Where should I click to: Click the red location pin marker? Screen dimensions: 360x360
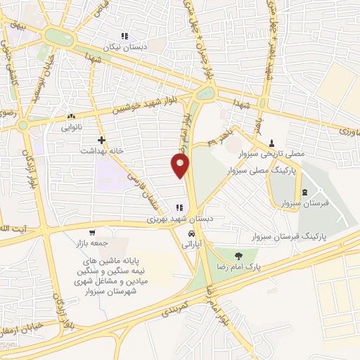(x=181, y=166)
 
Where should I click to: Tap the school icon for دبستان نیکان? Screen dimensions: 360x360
(x=124, y=36)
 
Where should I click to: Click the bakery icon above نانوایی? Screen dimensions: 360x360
(x=70, y=117)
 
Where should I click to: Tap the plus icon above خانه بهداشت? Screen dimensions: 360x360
(x=102, y=140)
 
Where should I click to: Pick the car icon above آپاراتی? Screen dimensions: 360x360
(x=191, y=233)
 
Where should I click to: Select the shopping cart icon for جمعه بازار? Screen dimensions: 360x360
(x=91, y=233)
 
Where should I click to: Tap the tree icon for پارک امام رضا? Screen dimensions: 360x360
(x=238, y=256)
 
